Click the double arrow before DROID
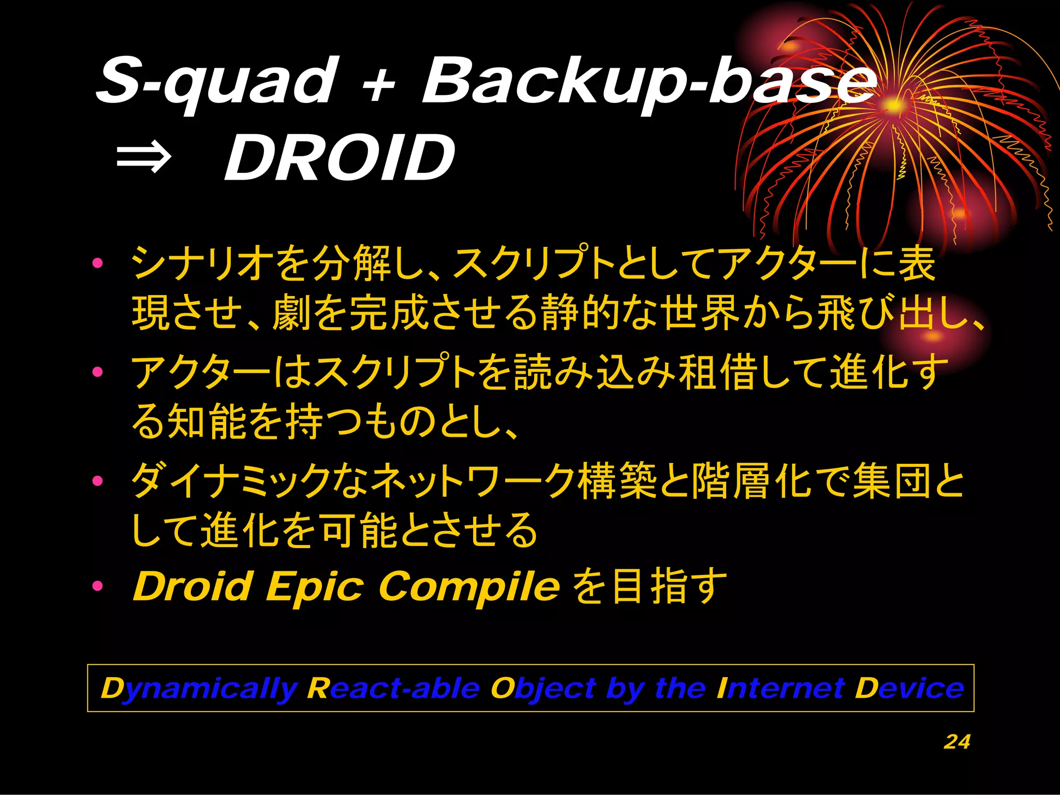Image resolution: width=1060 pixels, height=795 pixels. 143,158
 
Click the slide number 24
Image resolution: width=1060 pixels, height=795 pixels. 956,742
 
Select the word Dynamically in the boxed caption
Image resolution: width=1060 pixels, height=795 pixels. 199,689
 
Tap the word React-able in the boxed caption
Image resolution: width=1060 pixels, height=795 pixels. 393,688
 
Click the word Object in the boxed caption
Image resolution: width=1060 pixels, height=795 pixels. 543,689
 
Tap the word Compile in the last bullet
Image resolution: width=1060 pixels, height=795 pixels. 469,587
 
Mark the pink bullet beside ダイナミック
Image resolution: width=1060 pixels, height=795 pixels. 97,481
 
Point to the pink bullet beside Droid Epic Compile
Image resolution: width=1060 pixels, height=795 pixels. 97,586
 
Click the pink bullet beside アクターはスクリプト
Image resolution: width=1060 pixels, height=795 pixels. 97,372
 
